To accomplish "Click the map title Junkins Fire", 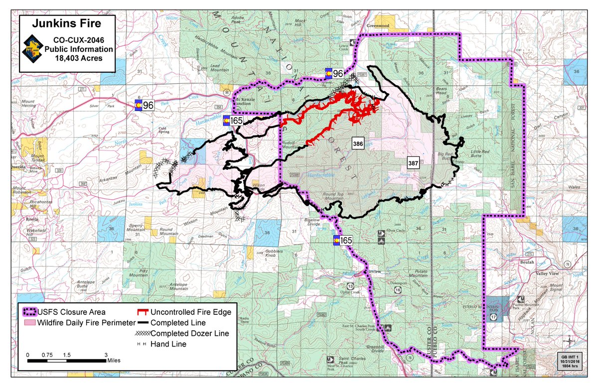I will click(67, 23).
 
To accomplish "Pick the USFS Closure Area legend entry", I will click(64, 312).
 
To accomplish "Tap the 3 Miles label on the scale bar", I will click(112, 359).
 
